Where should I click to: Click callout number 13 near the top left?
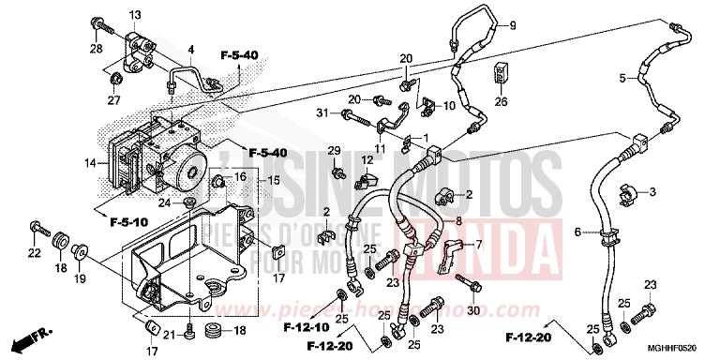tap(134, 15)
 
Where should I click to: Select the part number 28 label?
tap(96, 48)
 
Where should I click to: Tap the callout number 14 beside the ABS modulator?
tap(91, 163)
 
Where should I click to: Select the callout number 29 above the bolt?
tap(333, 151)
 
